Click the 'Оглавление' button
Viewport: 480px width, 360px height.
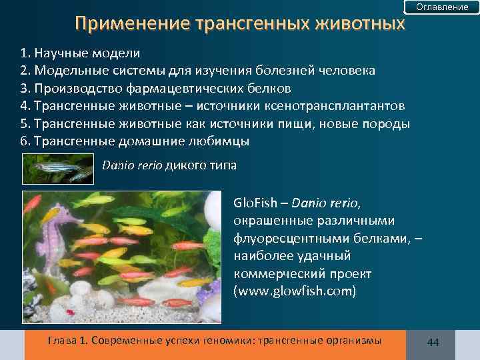click(442, 7)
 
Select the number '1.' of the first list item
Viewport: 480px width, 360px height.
click(27, 53)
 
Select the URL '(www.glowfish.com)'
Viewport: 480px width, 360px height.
click(295, 291)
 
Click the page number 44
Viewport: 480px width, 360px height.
click(433, 342)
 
